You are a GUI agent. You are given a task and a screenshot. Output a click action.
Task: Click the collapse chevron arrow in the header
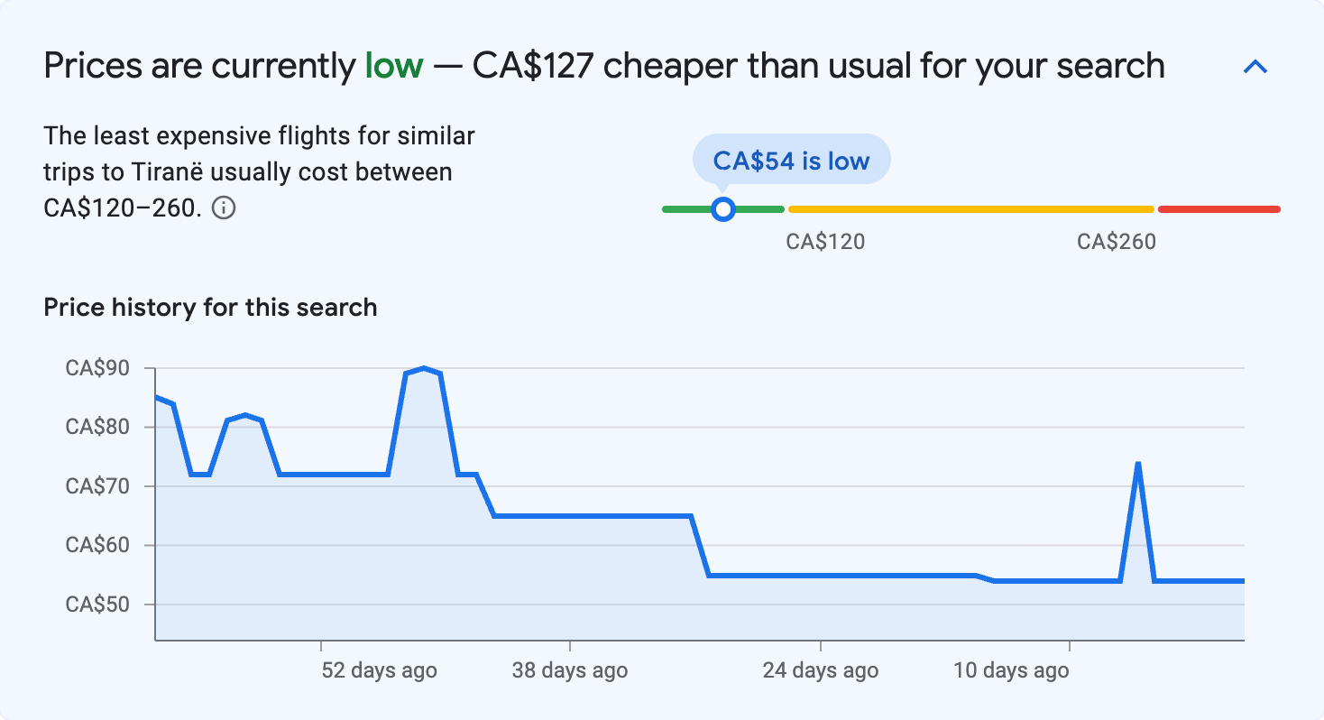pos(1255,67)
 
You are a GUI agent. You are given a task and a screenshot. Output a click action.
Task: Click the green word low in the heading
pos(393,66)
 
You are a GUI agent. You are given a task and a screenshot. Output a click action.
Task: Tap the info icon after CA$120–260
pos(224,208)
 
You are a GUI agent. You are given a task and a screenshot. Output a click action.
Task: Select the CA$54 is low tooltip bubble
pos(791,161)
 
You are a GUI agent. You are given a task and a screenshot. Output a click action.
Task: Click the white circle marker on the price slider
pos(722,209)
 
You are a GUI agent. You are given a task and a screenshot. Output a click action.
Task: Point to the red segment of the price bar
pos(1218,209)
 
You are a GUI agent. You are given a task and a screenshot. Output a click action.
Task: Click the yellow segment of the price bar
pos(970,209)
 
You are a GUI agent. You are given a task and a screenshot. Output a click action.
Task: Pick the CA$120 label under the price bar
pos(825,242)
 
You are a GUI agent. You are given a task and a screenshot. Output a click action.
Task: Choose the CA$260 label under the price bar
pos(1116,242)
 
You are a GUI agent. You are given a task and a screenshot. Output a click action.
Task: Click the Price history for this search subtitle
pos(210,308)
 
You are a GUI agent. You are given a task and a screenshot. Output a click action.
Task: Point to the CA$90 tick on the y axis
pos(97,368)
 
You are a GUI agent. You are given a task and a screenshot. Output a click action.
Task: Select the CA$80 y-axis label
pos(97,427)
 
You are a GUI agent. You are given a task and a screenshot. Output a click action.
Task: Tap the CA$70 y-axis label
pos(97,486)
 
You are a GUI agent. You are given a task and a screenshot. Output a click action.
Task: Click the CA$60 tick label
pos(97,545)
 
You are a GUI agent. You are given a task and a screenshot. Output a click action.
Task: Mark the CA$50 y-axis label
pos(97,605)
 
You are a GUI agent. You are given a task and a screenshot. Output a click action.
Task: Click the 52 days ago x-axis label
pos(379,670)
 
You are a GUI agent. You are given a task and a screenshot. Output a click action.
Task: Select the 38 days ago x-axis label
pos(569,670)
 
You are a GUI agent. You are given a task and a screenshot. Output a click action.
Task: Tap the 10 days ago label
pos(1010,670)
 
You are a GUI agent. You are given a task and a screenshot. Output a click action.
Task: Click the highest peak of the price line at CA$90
pos(423,368)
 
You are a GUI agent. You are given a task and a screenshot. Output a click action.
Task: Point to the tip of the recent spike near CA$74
pos(1138,464)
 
